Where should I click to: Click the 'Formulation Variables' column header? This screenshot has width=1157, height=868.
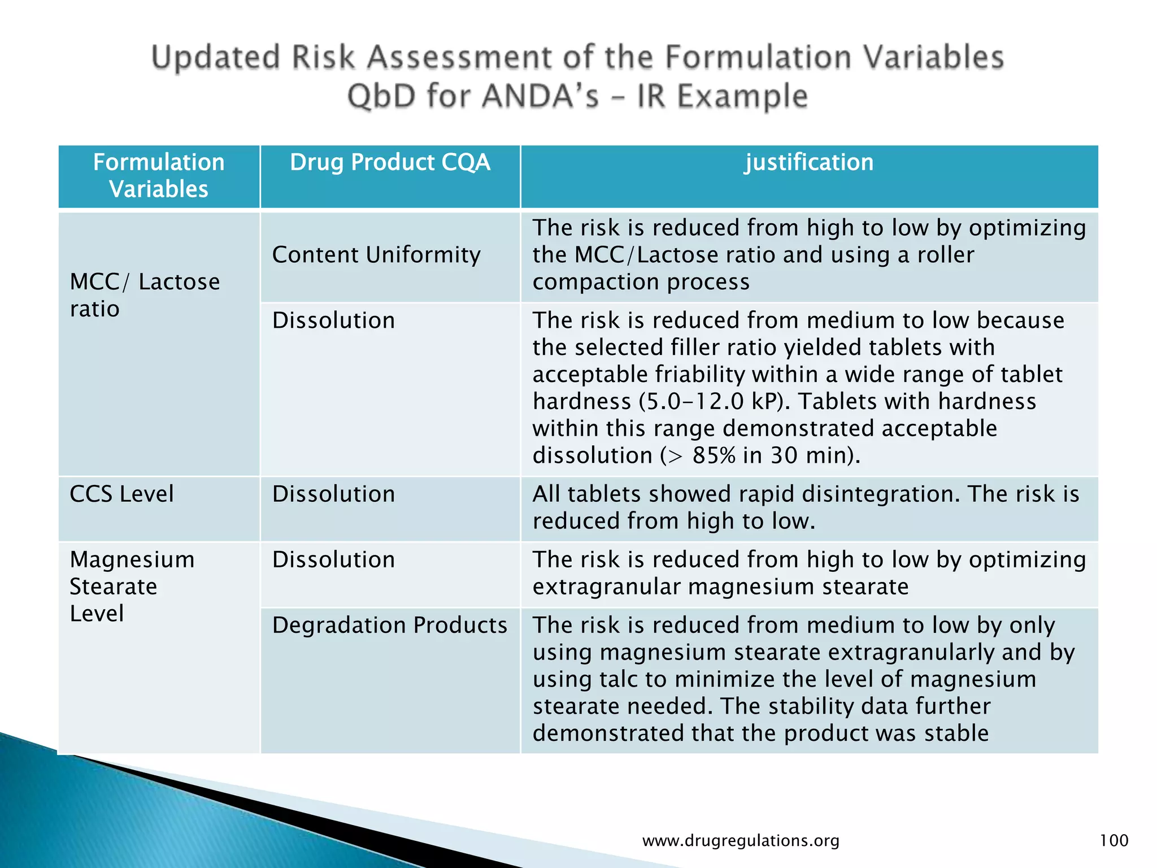tap(159, 176)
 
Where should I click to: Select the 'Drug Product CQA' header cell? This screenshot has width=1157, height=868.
tap(390, 163)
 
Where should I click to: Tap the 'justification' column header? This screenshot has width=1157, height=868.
tap(808, 163)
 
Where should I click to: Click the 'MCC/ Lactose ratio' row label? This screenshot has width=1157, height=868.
tap(145, 296)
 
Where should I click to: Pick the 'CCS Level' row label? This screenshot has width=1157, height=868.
tap(121, 494)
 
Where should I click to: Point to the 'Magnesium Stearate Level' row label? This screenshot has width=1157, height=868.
tap(132, 587)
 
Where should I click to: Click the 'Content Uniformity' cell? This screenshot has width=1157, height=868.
tap(376, 255)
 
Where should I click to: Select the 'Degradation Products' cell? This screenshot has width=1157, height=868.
tap(390, 626)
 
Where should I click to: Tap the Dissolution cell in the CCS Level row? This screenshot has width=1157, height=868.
tap(333, 494)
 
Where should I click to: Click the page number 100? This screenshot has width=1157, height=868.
tap(1113, 841)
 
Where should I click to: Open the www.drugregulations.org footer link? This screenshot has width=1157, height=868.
tap(741, 841)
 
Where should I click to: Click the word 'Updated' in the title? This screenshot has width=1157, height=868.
tap(216, 58)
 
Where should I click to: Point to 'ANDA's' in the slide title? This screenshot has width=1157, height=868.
tap(541, 96)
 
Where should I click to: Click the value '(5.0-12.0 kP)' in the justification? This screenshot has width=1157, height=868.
tap(715, 402)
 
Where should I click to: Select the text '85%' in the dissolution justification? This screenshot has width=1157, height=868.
tap(714, 456)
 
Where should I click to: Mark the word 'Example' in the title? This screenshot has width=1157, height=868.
tap(742, 96)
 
